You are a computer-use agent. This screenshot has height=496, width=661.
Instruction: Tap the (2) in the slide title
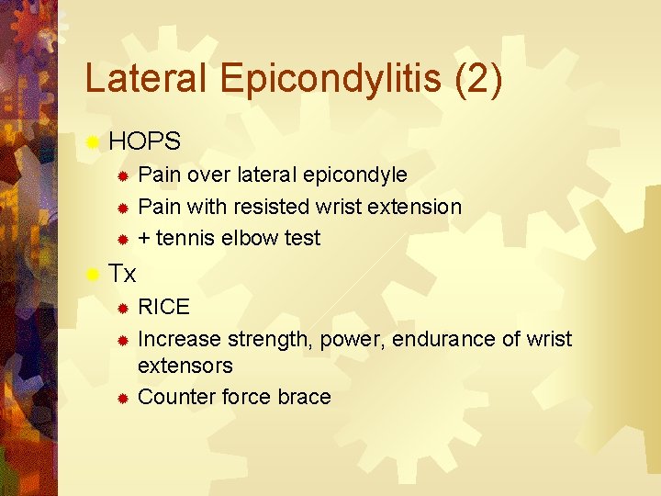(x=478, y=81)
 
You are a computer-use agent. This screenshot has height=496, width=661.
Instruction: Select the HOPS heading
(x=144, y=141)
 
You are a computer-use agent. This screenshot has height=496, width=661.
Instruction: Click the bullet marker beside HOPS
(x=92, y=142)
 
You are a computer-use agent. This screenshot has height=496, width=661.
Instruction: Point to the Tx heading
(x=122, y=274)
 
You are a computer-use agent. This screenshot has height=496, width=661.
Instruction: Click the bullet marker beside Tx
(x=92, y=275)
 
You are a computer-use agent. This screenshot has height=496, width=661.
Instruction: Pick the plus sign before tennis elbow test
(x=143, y=239)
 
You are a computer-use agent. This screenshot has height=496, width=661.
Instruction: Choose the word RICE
(x=163, y=307)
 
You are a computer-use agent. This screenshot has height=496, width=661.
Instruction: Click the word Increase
(x=179, y=339)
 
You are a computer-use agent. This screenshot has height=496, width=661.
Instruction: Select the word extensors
(x=185, y=366)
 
